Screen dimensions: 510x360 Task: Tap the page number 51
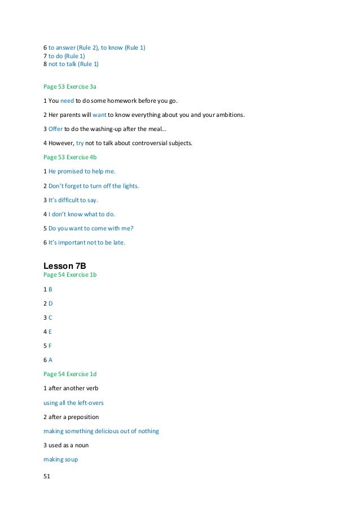[47, 477]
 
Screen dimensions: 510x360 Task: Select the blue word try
[80, 143]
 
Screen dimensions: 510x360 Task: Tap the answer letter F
[50, 346]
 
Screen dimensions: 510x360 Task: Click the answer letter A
[50, 360]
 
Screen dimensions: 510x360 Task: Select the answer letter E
[50, 332]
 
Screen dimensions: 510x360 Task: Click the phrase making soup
[61, 459]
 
